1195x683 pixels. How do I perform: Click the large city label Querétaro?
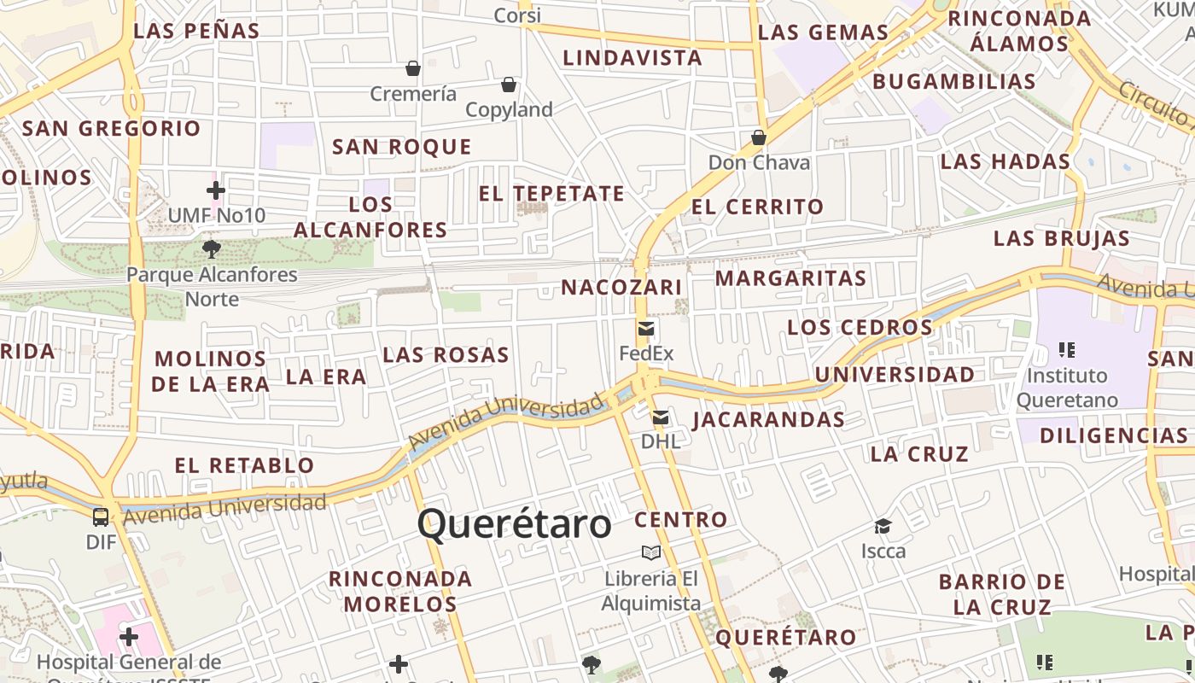coord(515,523)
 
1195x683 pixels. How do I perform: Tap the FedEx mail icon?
coord(646,329)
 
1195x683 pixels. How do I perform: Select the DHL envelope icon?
coord(661,417)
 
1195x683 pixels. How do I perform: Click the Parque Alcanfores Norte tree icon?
coord(212,249)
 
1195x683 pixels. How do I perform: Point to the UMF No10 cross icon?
coord(216,190)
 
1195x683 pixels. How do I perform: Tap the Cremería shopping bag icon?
coord(413,68)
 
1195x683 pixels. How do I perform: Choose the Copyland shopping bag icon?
coord(509,85)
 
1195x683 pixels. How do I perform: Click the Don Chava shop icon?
coord(758,137)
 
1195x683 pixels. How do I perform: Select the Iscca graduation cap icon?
coord(883,526)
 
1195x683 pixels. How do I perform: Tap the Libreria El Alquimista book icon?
coord(651,552)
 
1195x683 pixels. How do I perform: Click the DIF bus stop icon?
coord(101,517)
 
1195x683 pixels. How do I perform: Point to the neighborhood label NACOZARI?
coord(621,288)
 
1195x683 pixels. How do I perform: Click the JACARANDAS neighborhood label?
coord(768,419)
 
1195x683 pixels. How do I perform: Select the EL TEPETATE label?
coord(551,194)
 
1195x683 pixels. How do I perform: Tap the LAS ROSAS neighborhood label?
coord(446,354)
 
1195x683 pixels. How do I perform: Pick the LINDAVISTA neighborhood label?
coord(632,58)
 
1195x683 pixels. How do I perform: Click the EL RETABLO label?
coord(245,465)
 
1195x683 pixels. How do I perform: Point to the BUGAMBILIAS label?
coord(953,82)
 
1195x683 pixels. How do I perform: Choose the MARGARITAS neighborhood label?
coord(790,278)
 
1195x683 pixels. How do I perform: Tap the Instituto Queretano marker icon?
coord(1066,349)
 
